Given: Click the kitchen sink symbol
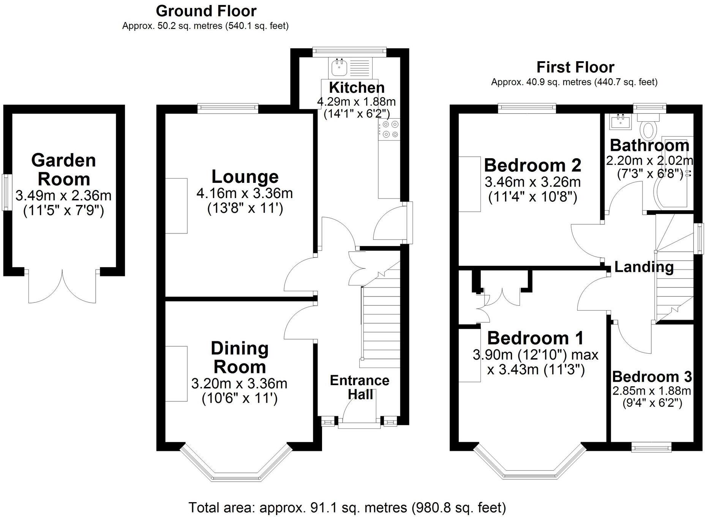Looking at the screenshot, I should (339, 68).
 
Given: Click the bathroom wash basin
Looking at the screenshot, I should (621, 121).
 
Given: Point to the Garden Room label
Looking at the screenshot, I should (63, 170).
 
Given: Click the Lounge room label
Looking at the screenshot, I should (245, 177).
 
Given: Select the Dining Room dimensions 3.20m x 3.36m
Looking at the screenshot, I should (239, 384).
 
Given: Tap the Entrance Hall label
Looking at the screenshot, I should (360, 387).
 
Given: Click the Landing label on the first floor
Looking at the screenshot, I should (644, 267).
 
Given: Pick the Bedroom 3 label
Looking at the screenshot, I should (651, 377).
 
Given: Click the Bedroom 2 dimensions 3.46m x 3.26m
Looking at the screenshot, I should (532, 182).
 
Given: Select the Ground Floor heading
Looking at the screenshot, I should (206, 11).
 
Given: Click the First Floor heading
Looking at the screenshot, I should (575, 67).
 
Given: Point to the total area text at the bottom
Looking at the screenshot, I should (347, 507).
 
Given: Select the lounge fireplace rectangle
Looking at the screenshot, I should (176, 206).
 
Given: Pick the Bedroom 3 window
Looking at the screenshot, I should (651, 448).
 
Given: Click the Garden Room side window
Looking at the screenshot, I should (6, 192).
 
